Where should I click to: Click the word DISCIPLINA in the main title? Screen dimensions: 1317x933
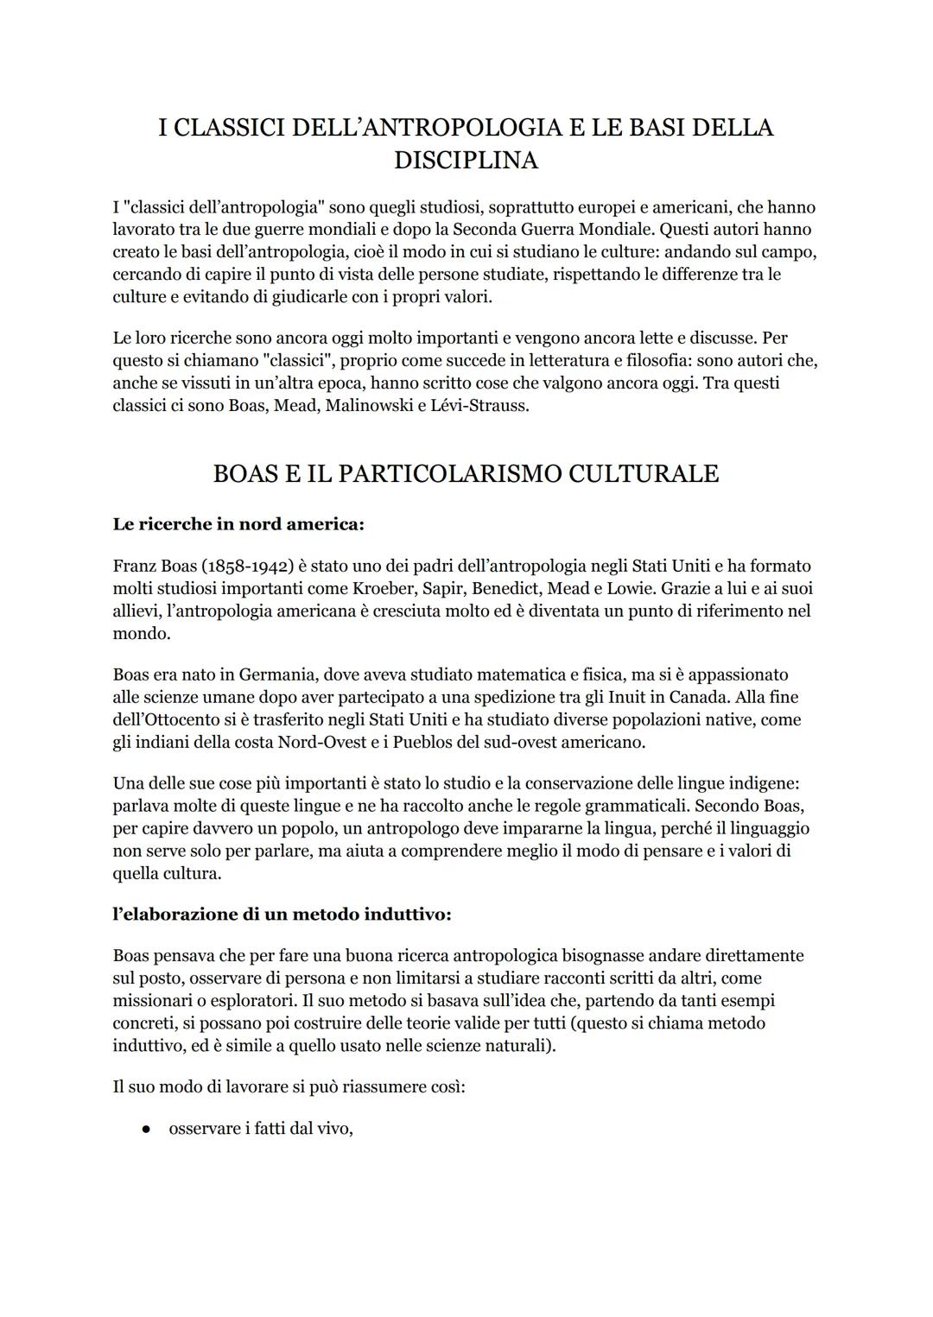coord(466,161)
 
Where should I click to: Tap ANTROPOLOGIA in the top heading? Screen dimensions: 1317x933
coord(457,127)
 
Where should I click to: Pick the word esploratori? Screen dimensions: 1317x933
coord(234,1001)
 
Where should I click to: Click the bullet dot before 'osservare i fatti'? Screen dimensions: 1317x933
coord(148,1130)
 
